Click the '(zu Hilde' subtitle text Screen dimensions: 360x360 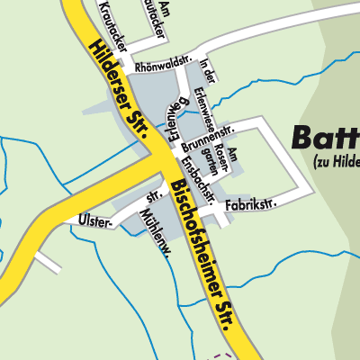coord(336,163)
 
